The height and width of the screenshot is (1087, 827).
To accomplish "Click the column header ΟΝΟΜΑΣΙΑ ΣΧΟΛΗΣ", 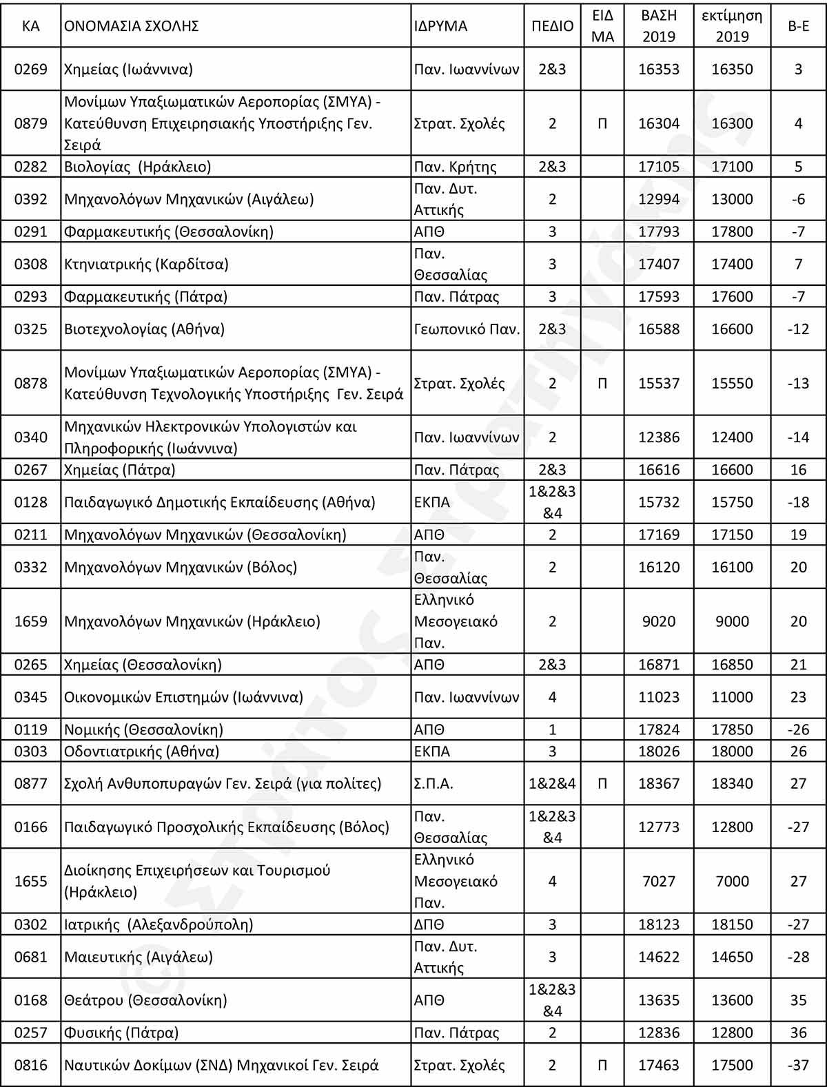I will [132, 26].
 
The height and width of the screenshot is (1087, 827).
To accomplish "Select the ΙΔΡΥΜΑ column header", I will [440, 26].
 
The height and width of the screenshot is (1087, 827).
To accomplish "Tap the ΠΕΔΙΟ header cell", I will [552, 26].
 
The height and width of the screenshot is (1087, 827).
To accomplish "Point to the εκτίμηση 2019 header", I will [732, 26].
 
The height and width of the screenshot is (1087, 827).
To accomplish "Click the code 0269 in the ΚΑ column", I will [31, 69].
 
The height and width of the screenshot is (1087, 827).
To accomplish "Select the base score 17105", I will [658, 167].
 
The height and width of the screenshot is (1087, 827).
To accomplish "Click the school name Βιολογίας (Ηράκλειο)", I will [138, 167].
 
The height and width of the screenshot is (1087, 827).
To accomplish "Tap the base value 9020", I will [658, 621].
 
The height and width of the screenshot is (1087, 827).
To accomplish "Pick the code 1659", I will [31, 621].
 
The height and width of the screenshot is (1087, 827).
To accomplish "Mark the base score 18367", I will [658, 783].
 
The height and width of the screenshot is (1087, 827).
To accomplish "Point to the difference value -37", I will [798, 1065].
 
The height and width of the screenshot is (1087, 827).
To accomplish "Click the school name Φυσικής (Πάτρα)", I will [121, 1033].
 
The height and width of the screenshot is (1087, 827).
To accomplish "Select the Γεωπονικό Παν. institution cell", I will [467, 329].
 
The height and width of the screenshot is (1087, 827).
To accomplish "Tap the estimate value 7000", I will [732, 881].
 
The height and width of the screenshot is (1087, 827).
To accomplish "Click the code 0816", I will [31, 1065].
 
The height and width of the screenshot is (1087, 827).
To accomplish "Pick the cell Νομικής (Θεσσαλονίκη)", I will [143, 729].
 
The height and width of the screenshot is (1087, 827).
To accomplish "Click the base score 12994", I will [658, 199].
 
